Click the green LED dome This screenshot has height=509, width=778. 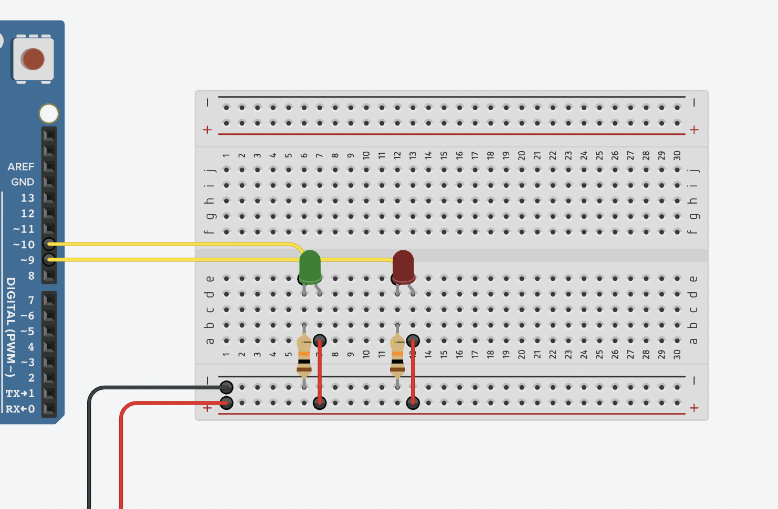point(310,265)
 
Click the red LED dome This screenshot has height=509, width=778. point(403,265)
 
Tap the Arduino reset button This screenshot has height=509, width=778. point(33,59)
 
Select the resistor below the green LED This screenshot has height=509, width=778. point(304,357)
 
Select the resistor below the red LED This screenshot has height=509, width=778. point(397,357)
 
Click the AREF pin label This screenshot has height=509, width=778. point(21,167)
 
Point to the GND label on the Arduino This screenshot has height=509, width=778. point(23,182)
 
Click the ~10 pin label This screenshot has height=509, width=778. point(24,245)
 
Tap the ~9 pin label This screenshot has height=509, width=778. point(27,260)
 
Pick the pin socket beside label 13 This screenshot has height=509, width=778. point(49,198)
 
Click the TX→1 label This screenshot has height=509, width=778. point(20,394)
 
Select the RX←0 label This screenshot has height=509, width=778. point(20,409)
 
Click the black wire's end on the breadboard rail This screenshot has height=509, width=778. point(226,388)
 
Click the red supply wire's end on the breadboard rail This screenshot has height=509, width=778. point(226,403)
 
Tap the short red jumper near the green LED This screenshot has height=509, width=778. point(320,372)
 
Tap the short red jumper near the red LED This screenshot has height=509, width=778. point(413,372)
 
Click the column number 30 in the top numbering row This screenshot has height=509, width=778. point(677,155)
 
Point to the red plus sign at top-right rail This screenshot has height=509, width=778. point(694,130)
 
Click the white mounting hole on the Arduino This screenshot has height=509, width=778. point(49,113)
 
